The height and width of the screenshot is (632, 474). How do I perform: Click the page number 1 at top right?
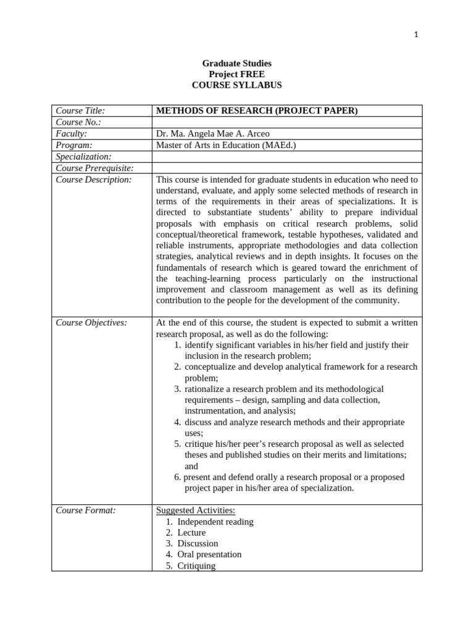tap(416, 35)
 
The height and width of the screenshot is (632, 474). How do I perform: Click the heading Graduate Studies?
tap(237, 64)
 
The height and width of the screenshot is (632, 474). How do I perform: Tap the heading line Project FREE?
tap(237, 75)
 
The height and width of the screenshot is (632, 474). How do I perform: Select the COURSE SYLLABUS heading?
tap(237, 85)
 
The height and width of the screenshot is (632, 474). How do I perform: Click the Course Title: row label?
tap(80, 111)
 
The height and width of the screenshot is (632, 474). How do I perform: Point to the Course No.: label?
tap(78, 122)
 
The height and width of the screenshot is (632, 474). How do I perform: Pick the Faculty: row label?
tap(72, 134)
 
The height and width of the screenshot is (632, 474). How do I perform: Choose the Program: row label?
tap(74, 145)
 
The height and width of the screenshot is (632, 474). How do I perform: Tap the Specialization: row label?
tap(83, 157)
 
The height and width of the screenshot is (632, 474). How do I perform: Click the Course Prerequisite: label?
tap(94, 168)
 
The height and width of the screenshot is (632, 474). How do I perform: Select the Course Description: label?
tap(94, 180)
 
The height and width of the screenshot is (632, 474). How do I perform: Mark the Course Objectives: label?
tap(91, 323)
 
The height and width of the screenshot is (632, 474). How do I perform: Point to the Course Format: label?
tap(86, 510)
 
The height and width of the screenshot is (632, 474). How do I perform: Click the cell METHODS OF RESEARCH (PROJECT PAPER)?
tap(257, 111)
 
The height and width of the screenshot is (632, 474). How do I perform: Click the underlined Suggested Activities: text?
tap(196, 510)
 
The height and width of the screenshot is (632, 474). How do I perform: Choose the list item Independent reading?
tap(215, 522)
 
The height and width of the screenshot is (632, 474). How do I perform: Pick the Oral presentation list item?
tap(209, 554)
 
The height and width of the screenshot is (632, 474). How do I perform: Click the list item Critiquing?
tap(196, 565)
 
